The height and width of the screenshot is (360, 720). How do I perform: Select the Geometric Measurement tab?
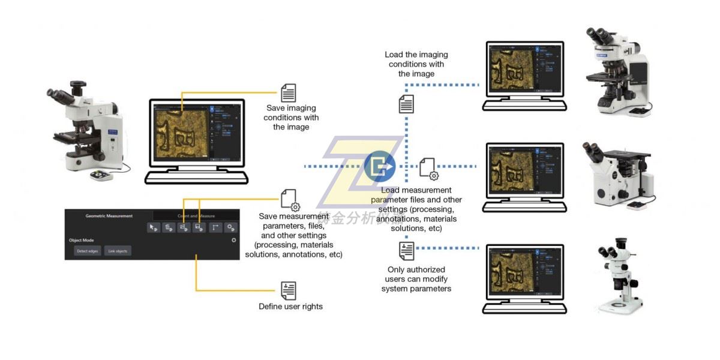point(109,216)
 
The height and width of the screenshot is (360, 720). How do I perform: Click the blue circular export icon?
point(379,166)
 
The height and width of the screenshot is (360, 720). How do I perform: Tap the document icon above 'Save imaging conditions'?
point(289,94)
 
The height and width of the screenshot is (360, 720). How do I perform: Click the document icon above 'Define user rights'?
point(289,290)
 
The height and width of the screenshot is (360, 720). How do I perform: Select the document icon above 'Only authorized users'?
point(406,250)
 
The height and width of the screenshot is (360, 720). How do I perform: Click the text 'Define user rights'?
point(290,307)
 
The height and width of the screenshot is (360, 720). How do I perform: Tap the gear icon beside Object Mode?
point(233,240)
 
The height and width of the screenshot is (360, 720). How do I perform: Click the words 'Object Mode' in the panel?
point(81,240)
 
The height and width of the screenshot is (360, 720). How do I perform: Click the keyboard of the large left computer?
point(196,178)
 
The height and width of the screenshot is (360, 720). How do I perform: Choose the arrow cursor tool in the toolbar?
point(154,228)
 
